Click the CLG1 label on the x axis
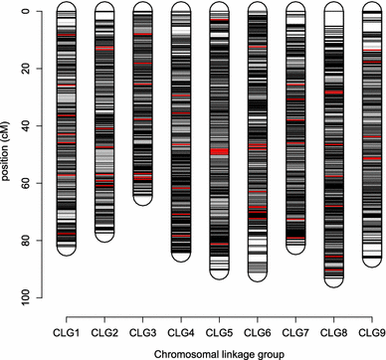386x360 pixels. coord(67,329)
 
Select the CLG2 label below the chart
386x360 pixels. coord(104,329)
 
